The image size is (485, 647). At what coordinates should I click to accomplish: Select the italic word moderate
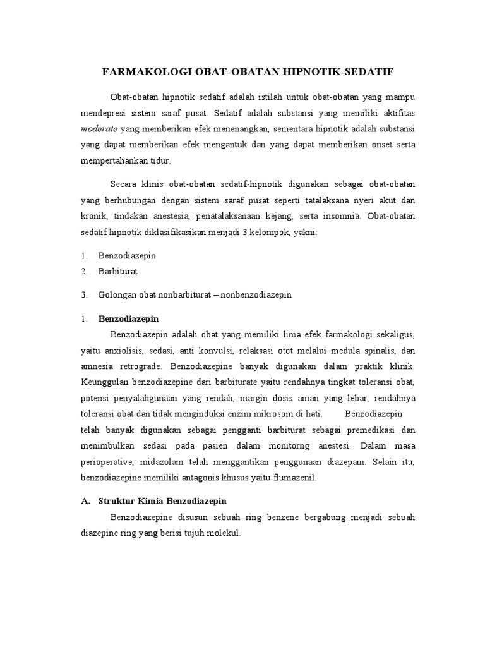[x=99, y=128]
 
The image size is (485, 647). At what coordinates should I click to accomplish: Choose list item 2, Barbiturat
[x=118, y=271]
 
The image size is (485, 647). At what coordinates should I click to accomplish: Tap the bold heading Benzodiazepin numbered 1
[x=128, y=318]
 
